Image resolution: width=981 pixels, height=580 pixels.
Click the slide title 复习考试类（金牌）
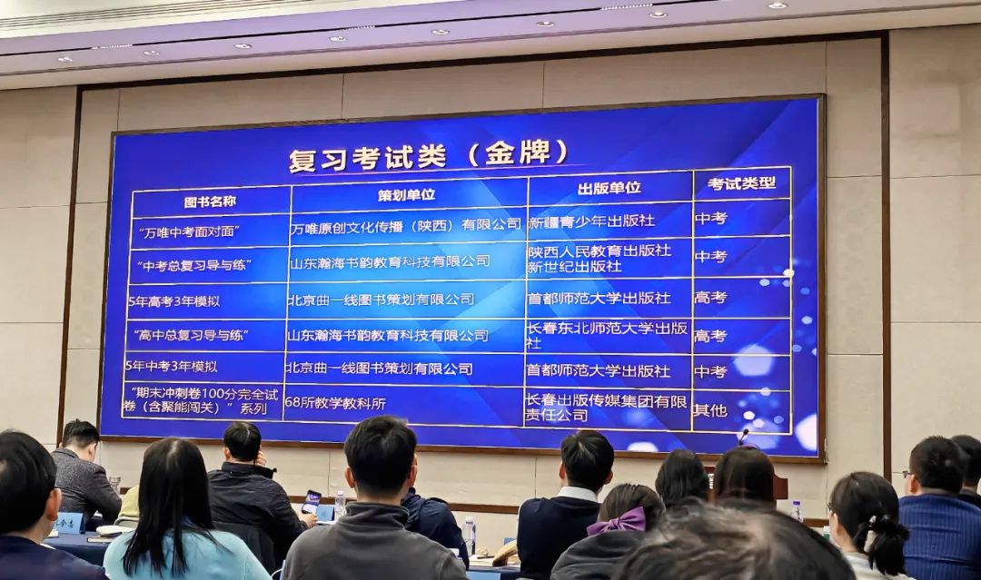428,154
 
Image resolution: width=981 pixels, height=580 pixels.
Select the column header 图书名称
210,202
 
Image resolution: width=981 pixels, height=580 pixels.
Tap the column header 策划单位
406,194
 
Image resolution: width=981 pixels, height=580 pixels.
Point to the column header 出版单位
609,188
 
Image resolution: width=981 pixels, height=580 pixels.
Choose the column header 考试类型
741,183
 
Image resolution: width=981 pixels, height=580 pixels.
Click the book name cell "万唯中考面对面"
190,231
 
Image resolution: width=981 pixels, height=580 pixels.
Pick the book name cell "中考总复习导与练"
194,265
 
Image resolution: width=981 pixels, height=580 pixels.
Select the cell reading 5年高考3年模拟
173,300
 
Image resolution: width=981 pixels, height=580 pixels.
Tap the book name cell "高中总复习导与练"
191,336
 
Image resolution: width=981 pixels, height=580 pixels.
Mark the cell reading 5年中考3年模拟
171,367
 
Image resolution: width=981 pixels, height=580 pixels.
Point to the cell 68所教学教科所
335,404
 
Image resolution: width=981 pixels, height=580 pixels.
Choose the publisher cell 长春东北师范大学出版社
607,335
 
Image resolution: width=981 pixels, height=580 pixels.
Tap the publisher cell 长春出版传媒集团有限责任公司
606,408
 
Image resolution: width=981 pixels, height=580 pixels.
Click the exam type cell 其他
710,410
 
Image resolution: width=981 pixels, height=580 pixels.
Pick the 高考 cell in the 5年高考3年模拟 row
710,298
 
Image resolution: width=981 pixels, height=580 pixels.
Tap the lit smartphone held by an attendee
311,502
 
